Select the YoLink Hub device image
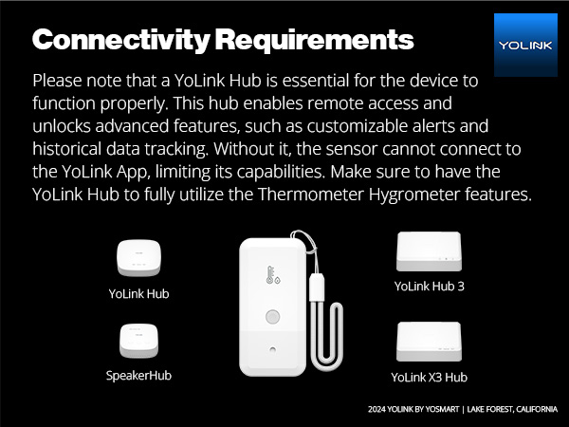click(138, 257)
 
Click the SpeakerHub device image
click(138, 341)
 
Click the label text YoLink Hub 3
click(429, 286)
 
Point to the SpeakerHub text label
click(138, 375)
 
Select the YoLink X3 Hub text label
click(429, 377)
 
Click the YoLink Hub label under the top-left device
click(138, 293)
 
